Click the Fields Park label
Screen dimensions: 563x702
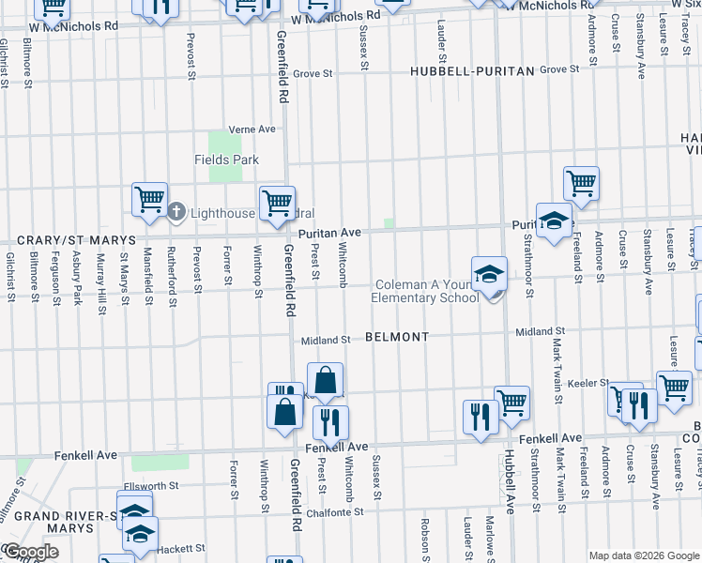click(x=227, y=160)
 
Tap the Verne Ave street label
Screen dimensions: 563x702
click(x=253, y=129)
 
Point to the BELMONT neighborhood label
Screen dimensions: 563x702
click(x=397, y=337)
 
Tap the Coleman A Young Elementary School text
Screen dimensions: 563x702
click(x=426, y=292)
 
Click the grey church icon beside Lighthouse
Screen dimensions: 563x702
click(x=176, y=212)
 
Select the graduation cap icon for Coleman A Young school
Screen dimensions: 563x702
click(x=489, y=274)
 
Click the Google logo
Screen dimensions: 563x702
click(x=30, y=552)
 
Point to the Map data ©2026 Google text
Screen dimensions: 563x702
click(x=644, y=555)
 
